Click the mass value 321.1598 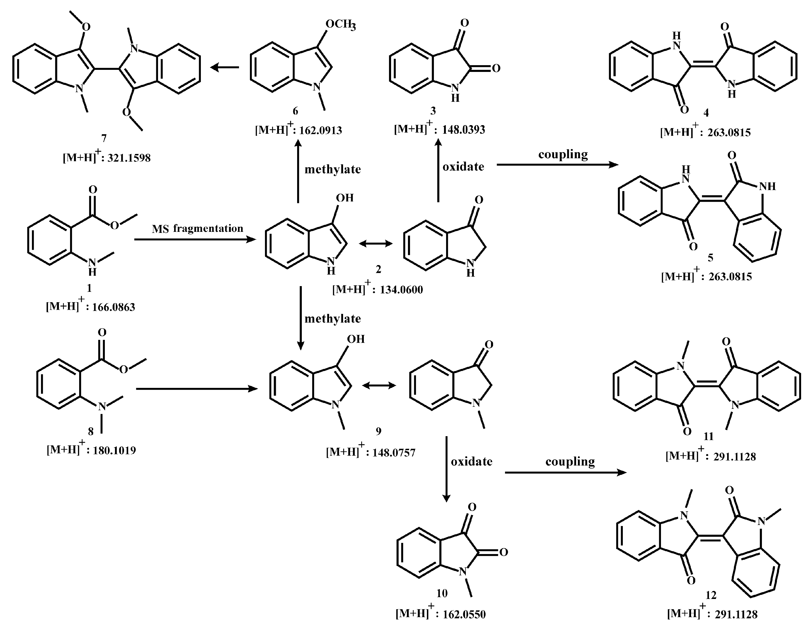(129, 158)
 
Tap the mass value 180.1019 (114, 450)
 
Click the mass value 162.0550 (464, 614)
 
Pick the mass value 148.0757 (393, 453)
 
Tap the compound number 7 (104, 138)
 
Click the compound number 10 (442, 594)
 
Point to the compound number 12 (711, 595)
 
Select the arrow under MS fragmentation (195, 240)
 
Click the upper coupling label (563, 154)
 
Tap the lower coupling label (570, 462)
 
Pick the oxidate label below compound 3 (463, 167)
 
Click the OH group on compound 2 (345, 198)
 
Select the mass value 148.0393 (463, 130)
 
